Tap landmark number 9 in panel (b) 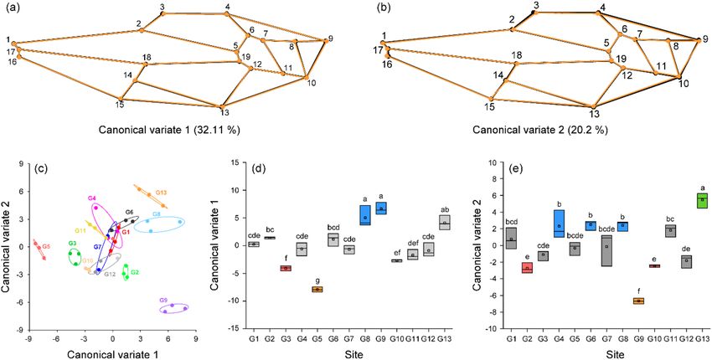(x=700, y=39)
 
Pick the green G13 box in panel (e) (x=702, y=200)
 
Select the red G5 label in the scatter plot (x=46, y=247)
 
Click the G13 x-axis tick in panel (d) (x=445, y=337)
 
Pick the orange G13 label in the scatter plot (x=161, y=192)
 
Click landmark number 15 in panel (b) (x=489, y=106)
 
